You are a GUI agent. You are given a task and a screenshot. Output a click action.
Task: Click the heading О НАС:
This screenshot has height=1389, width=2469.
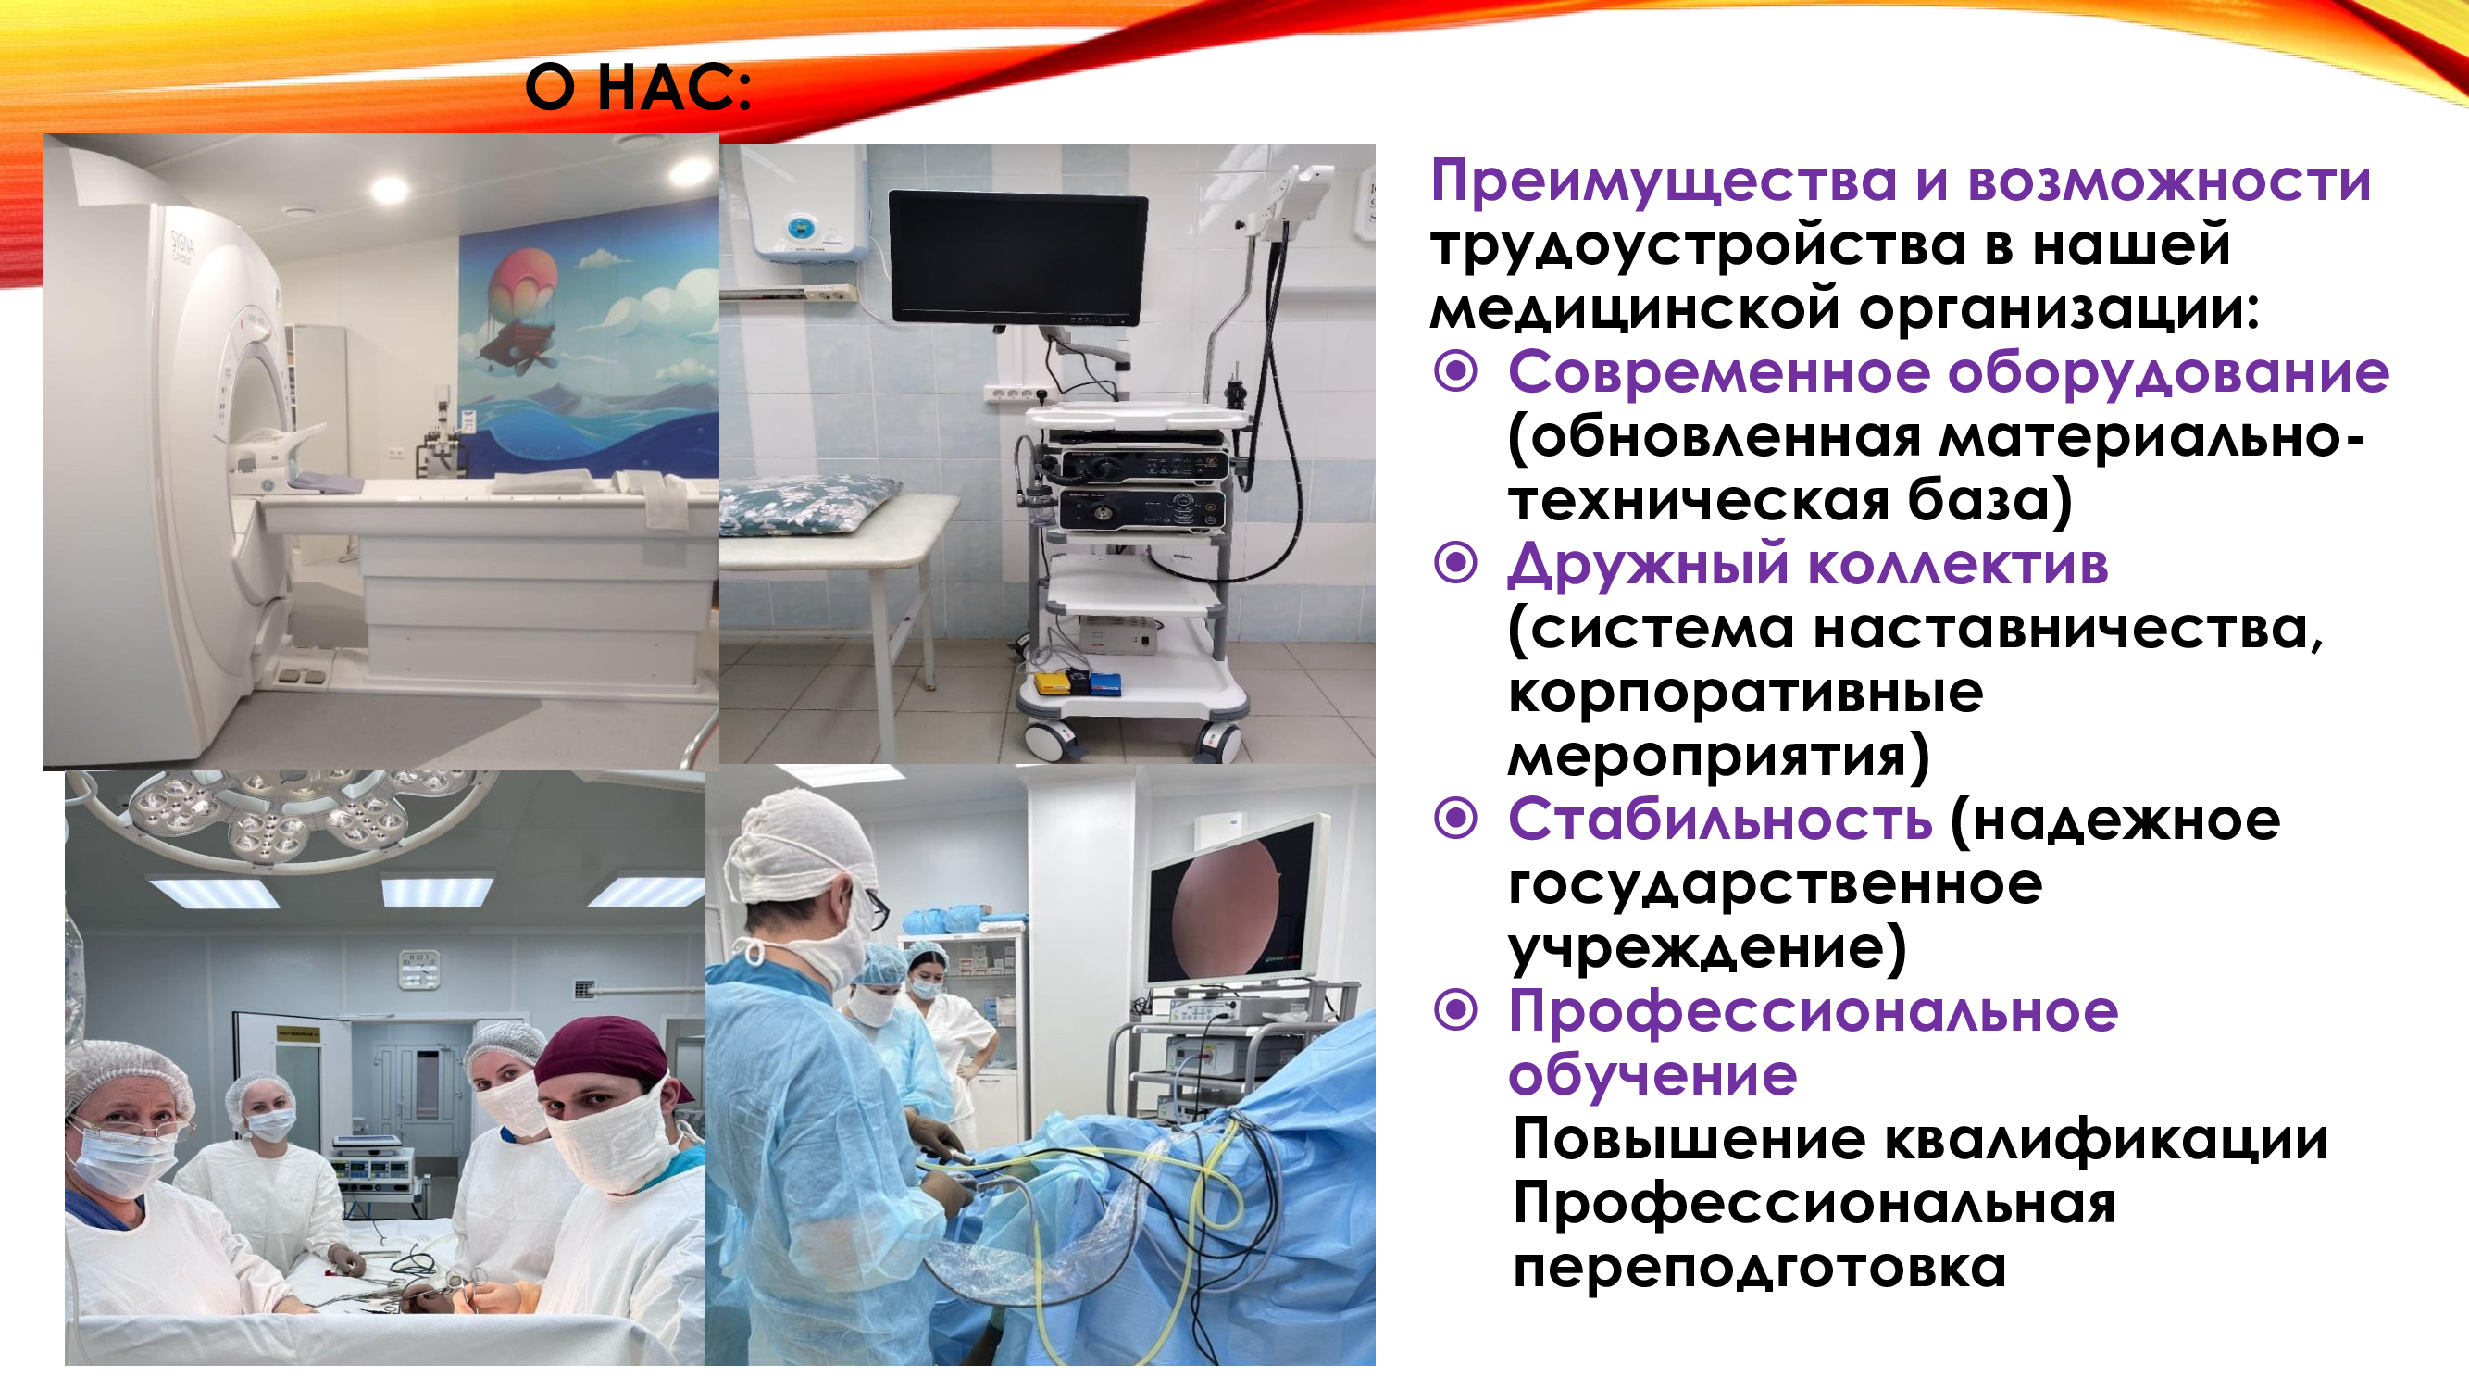coord(639,88)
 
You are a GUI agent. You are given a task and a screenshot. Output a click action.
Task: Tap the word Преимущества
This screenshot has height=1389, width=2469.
coord(1663,182)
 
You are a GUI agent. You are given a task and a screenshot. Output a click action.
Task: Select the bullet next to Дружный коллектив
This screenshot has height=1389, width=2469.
coord(1456,563)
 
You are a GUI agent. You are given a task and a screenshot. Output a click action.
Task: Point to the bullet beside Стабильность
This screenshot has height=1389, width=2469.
coord(1456,819)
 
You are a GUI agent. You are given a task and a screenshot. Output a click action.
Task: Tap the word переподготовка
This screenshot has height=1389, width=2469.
coord(1760,1269)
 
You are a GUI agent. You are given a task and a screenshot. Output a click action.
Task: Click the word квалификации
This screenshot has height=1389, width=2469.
coord(2106,1141)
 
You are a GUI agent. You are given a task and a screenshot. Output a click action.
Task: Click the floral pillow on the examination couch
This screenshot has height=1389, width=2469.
coord(807,502)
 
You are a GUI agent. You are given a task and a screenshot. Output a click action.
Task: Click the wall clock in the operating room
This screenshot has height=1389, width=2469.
coord(418,969)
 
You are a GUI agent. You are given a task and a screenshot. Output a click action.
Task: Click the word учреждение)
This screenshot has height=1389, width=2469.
coord(1707,949)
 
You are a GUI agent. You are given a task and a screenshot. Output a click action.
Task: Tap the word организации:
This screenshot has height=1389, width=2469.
coord(2060,310)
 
